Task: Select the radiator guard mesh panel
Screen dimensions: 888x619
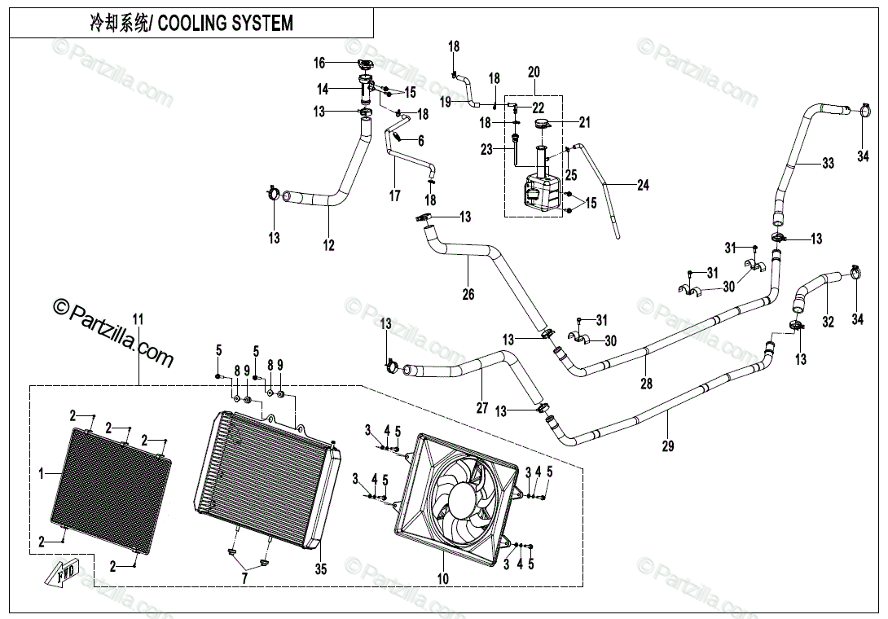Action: (x=111, y=490)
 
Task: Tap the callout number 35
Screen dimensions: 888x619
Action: (x=320, y=569)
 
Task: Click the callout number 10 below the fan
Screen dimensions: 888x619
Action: (x=443, y=578)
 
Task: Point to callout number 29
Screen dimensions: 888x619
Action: (x=668, y=446)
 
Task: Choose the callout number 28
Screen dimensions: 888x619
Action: (x=646, y=384)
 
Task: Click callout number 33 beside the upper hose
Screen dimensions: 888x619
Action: (x=828, y=163)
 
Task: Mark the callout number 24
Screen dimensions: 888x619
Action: (x=643, y=185)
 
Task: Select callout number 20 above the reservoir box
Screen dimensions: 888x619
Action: (x=534, y=72)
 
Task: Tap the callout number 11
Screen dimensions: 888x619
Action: (x=138, y=319)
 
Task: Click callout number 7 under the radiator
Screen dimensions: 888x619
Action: (x=244, y=578)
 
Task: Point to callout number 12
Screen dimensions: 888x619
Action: (x=328, y=245)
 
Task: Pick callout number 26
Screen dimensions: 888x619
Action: (x=468, y=294)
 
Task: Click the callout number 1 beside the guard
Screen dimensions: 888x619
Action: (x=41, y=473)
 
